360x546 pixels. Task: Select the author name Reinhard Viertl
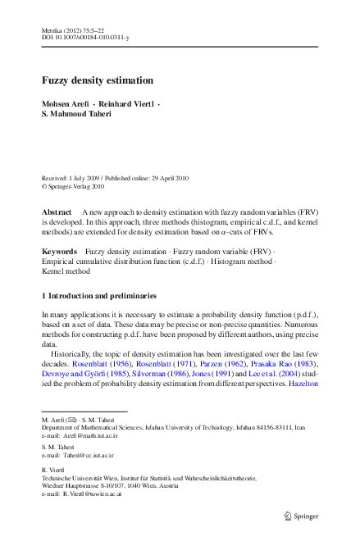pos(128,105)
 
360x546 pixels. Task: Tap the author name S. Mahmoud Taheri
pos(80,116)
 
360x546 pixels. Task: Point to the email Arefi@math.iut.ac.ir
pos(86,435)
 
